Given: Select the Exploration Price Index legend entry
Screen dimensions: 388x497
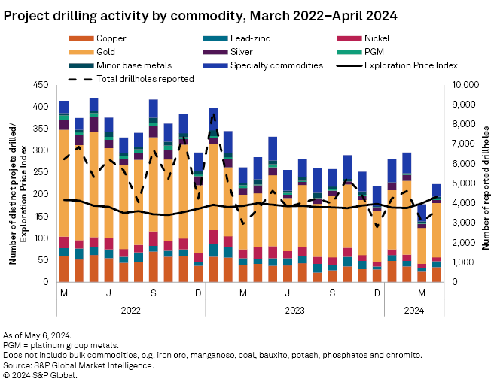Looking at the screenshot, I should point(410,65).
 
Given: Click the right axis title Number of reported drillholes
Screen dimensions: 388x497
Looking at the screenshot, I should point(486,183).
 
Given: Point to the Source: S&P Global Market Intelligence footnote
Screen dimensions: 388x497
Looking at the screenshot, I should point(79,365).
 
